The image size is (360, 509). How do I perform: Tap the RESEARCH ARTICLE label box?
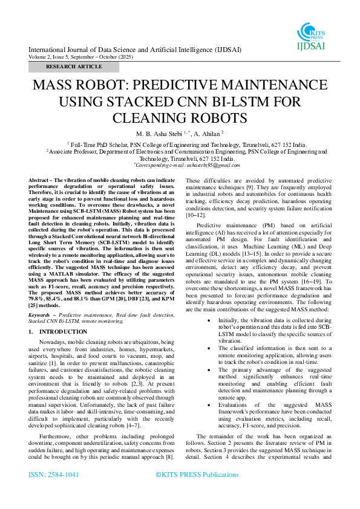click(74, 66)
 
